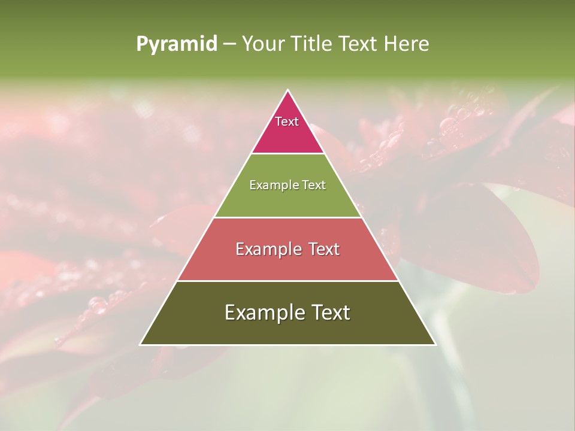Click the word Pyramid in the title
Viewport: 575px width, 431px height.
[176, 44]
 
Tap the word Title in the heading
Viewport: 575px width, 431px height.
[315, 44]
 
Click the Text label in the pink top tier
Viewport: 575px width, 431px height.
[287, 122]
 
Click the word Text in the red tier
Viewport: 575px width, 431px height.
[324, 249]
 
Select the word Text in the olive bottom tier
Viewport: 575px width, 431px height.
[329, 312]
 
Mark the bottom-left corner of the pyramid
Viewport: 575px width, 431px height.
[140, 344]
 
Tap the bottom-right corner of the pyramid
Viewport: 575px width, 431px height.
[435, 344]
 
